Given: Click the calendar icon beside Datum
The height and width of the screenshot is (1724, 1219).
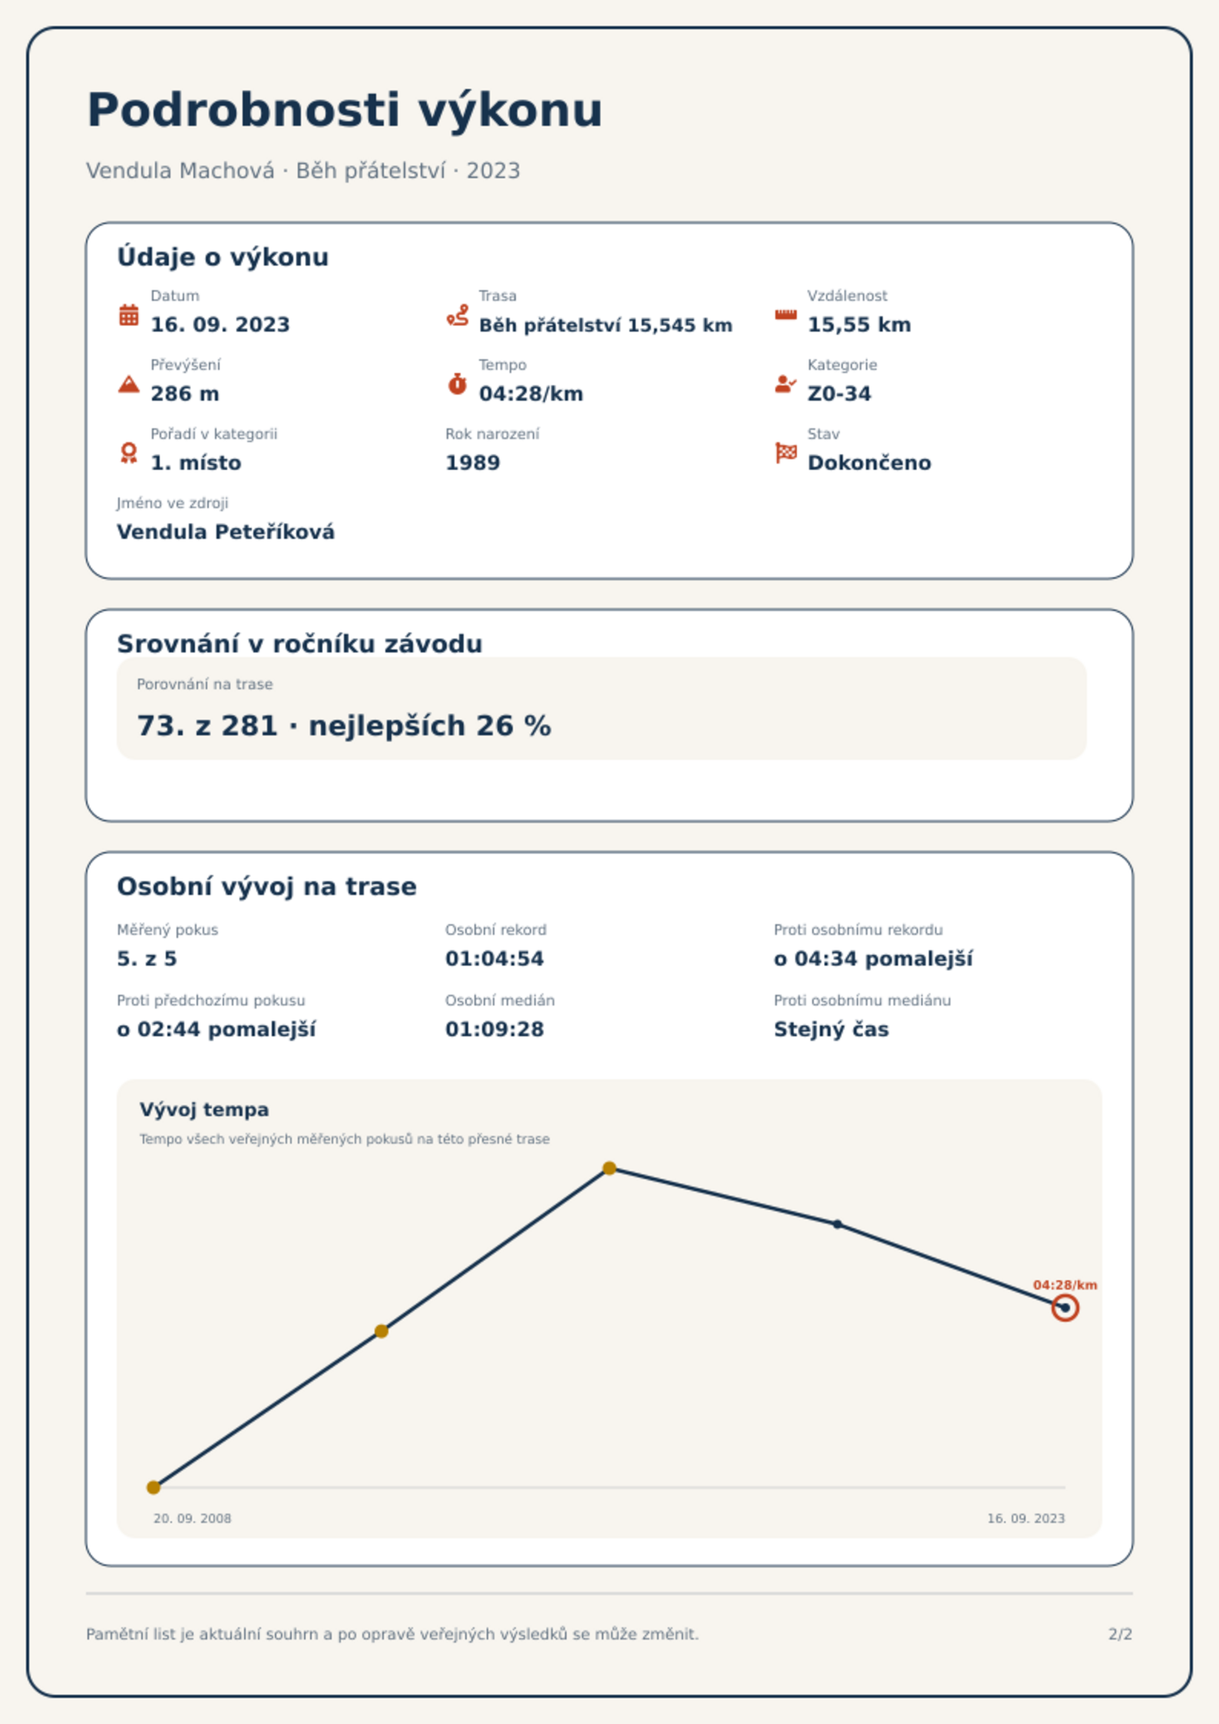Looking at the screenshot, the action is (x=129, y=315).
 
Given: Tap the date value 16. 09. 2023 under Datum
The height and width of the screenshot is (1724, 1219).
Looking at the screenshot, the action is (x=220, y=325).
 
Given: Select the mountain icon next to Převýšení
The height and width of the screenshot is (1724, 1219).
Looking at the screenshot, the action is (x=129, y=384).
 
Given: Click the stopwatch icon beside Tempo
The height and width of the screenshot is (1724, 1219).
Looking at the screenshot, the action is (x=458, y=384).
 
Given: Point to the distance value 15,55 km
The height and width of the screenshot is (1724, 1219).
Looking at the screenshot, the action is (x=859, y=325).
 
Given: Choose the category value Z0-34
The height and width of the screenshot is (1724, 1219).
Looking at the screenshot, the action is (x=839, y=394).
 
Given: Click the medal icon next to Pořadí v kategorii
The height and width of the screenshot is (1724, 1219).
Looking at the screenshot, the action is (x=129, y=453).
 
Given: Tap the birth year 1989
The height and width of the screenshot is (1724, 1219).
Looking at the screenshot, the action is (x=473, y=463).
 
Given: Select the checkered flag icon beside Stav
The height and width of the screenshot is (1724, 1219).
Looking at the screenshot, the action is (x=786, y=453).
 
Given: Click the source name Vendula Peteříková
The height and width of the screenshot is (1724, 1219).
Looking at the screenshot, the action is (x=226, y=532).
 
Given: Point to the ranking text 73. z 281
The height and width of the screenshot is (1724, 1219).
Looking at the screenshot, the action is (x=207, y=725).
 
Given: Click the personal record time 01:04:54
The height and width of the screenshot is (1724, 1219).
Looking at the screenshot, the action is (x=494, y=959).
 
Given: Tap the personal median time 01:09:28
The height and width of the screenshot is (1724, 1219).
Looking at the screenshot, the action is (x=494, y=1029).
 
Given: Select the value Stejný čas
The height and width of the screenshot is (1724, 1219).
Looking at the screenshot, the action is (x=831, y=1029).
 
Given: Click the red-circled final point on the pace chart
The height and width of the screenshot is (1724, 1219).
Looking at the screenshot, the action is (x=1065, y=1307).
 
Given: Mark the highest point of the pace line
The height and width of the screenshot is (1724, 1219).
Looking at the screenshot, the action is (x=609, y=1168).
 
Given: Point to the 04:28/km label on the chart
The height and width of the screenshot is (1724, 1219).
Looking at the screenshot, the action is (x=1065, y=1285).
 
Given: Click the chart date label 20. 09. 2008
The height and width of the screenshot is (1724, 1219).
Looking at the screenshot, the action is (x=192, y=1518).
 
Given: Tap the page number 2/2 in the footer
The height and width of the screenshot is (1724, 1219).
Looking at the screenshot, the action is (x=1120, y=1634).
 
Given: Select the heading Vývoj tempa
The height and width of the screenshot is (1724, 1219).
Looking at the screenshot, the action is (x=204, y=1110).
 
